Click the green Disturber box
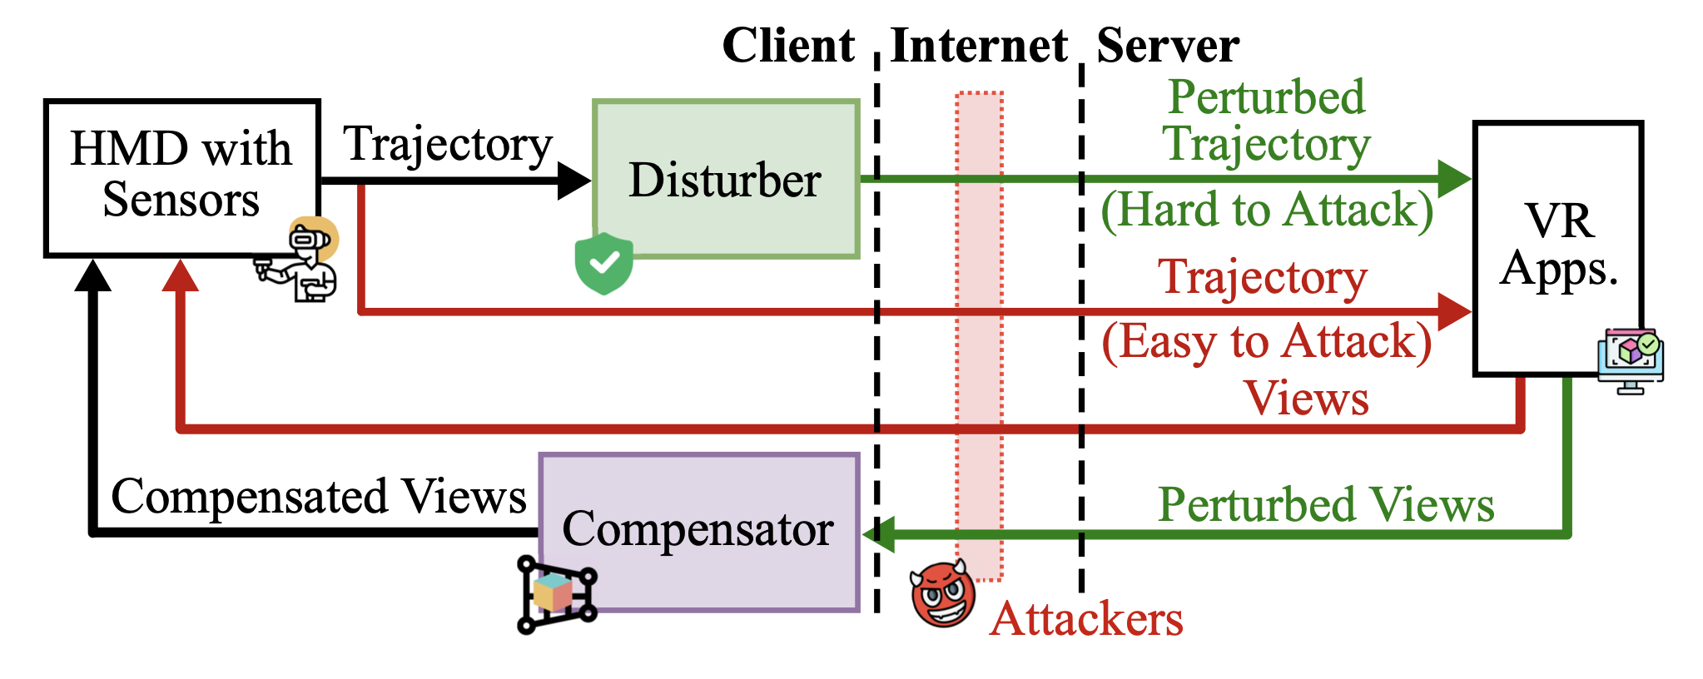click(x=726, y=179)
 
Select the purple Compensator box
click(x=699, y=533)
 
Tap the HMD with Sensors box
click(x=181, y=176)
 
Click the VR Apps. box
click(x=1557, y=247)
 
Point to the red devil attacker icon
click(x=943, y=594)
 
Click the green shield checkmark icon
click(x=603, y=263)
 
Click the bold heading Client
click(x=788, y=45)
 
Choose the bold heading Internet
click(x=979, y=45)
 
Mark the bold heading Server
click(x=1168, y=45)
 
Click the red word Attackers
click(x=1086, y=619)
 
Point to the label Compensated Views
click(x=319, y=497)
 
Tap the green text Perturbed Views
click(x=1326, y=505)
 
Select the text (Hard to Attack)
click(x=1267, y=209)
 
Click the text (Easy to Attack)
click(x=1267, y=341)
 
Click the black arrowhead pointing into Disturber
click(x=573, y=180)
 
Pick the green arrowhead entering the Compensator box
click(x=879, y=533)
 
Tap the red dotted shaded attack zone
click(x=979, y=333)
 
